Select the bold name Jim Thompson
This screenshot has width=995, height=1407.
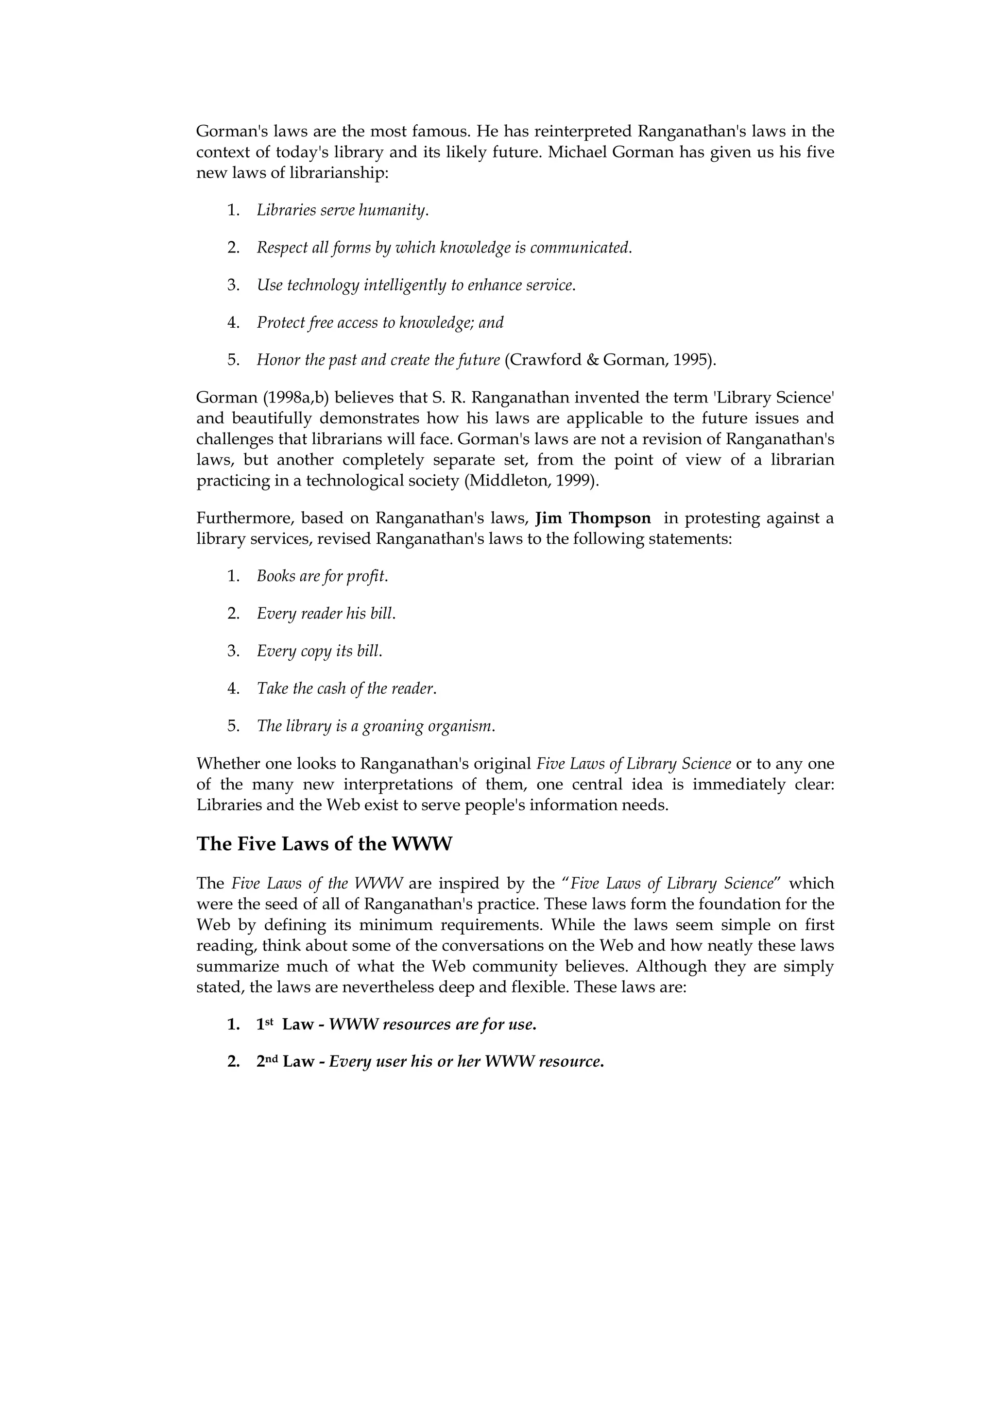coord(593,519)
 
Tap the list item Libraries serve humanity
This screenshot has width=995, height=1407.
coord(342,210)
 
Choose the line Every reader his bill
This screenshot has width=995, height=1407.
coord(326,613)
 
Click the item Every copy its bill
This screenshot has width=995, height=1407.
coord(319,651)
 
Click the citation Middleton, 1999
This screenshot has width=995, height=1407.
coord(531,481)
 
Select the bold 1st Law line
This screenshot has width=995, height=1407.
coord(396,1024)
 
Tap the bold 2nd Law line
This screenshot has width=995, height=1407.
coord(430,1062)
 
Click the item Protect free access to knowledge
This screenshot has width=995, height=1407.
coord(379,322)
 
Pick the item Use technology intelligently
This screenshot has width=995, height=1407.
coord(416,285)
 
